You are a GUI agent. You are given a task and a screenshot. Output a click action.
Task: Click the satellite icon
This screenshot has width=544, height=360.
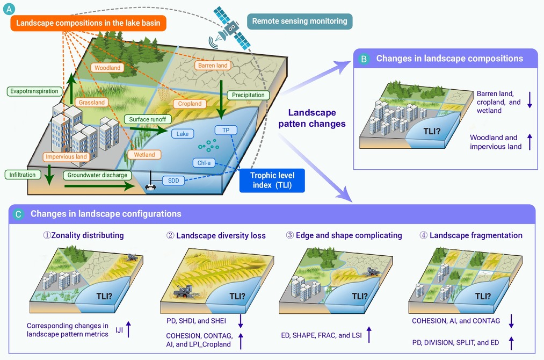[x=231, y=28]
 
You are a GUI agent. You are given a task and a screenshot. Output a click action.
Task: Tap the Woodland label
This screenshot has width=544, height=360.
[x=107, y=68]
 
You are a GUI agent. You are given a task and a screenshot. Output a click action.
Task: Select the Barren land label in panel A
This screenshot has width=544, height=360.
[x=213, y=65]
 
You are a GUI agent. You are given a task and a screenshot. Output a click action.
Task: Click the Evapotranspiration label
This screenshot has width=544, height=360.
[x=34, y=91]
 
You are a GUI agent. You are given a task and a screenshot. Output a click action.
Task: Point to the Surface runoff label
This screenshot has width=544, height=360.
[x=148, y=119]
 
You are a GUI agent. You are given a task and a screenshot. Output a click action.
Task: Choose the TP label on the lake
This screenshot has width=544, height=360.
[x=226, y=130]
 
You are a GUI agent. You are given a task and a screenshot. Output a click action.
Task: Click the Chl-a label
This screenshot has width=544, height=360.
[x=204, y=163]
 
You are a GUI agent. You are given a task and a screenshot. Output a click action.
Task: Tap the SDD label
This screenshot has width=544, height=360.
[x=173, y=181]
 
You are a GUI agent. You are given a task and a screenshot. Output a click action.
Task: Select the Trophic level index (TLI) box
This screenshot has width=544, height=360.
[x=272, y=180]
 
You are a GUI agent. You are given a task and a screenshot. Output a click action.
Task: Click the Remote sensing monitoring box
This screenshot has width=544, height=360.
[x=300, y=21]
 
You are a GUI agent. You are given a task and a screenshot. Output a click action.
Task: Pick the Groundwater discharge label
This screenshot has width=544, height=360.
[x=97, y=175]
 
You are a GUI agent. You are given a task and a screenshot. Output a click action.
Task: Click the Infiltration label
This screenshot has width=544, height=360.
[x=23, y=175]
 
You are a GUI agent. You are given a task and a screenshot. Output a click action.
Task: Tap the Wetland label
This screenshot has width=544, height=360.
[x=144, y=155]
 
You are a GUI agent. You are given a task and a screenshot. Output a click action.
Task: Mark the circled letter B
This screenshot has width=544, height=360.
[x=364, y=59]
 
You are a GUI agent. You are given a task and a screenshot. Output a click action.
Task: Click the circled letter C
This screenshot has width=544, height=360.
[x=18, y=214]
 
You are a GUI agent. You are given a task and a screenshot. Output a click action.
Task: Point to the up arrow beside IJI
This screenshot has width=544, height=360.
[x=128, y=329]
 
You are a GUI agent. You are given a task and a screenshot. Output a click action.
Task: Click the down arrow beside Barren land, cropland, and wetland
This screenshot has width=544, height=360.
[x=530, y=100]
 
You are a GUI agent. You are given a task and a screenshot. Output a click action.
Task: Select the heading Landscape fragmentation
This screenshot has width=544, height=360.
[x=476, y=235]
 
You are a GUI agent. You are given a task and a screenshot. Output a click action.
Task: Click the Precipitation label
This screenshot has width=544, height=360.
[x=248, y=95]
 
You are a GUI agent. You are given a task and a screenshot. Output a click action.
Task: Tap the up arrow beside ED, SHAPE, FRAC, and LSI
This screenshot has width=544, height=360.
[x=369, y=335]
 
